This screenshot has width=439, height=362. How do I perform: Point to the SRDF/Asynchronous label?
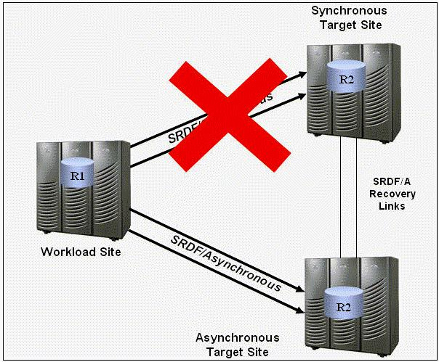[x=225, y=262]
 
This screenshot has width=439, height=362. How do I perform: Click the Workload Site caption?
[x=80, y=252]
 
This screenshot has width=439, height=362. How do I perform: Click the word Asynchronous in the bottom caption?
[x=237, y=338]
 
